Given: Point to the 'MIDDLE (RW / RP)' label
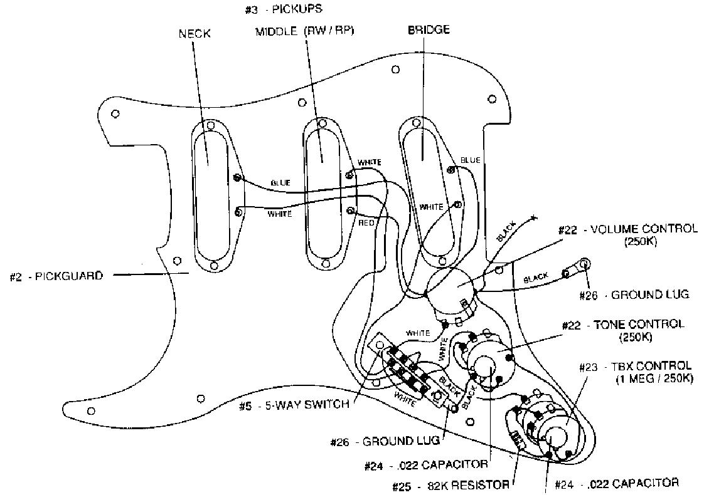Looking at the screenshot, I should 304,31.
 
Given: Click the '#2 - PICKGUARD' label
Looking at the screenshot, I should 56,276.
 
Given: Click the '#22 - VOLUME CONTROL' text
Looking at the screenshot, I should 627,229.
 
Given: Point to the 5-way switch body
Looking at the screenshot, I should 411,373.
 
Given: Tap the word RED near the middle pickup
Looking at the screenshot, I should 366,223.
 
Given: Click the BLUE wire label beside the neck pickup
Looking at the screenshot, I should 280,182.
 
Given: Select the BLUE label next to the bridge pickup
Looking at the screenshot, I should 470,160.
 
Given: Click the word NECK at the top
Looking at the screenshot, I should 195,34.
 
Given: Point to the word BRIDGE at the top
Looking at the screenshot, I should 429,30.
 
